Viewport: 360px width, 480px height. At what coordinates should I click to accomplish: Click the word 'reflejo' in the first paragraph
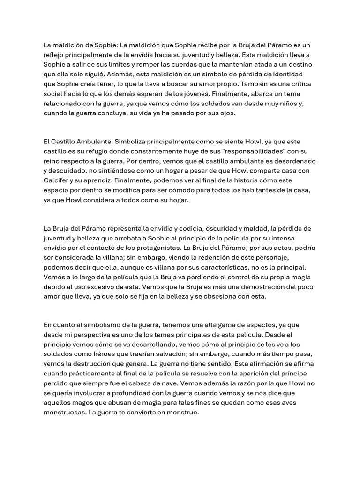[54, 54]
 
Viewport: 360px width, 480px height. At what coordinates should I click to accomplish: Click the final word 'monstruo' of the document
[184, 412]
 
